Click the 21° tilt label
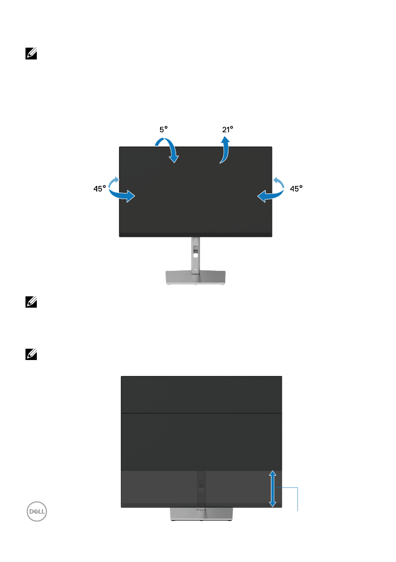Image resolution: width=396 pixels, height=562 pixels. click(x=228, y=128)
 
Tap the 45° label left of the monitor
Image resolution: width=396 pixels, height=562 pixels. click(x=99, y=188)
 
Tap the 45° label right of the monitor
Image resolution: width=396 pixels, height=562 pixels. click(x=296, y=188)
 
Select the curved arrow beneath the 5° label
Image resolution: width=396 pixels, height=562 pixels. click(x=169, y=149)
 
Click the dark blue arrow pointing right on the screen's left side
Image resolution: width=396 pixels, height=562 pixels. click(x=122, y=195)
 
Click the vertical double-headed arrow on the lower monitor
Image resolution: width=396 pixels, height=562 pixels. click(x=272, y=488)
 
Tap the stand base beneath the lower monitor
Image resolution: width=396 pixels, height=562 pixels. click(x=201, y=515)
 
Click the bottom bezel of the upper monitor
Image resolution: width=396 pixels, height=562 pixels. click(x=195, y=235)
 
